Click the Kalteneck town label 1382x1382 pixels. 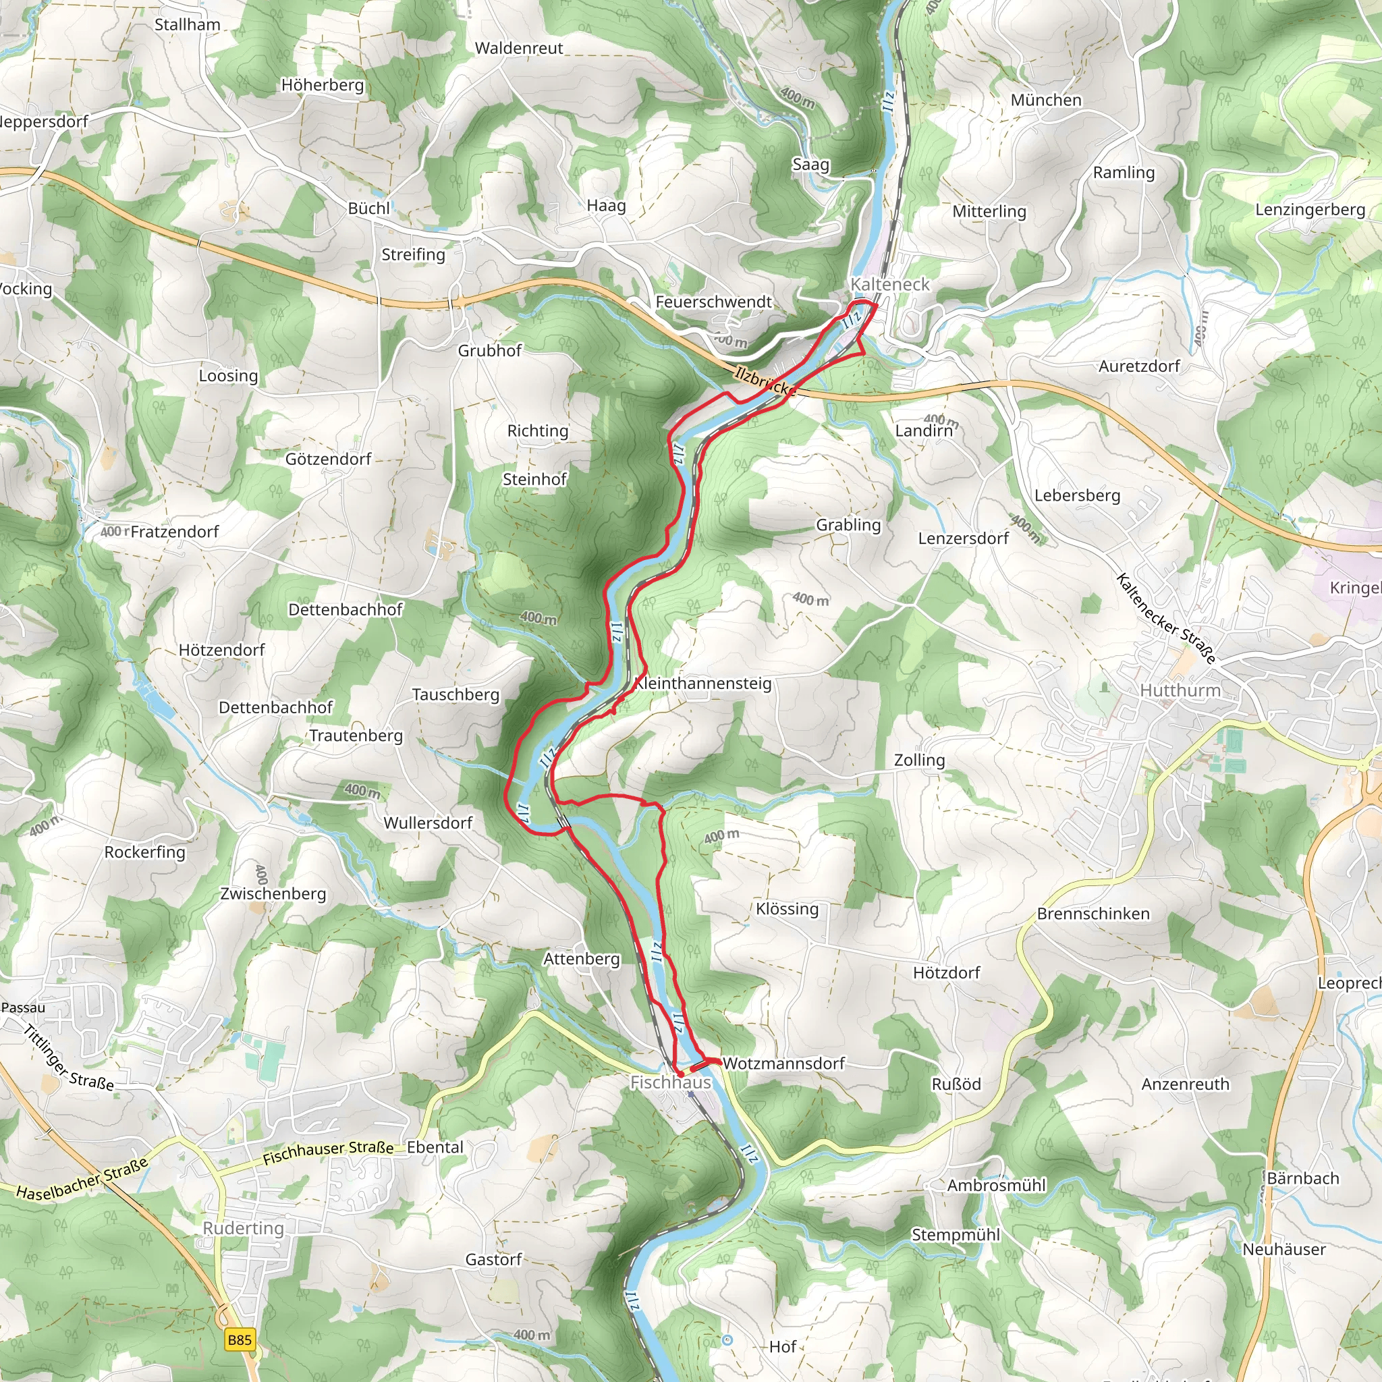point(890,284)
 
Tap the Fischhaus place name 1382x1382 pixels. point(670,1082)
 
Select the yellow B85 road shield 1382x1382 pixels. point(240,1339)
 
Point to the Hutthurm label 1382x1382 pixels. point(1180,690)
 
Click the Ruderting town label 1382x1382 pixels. point(243,1228)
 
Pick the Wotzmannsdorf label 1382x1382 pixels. point(783,1063)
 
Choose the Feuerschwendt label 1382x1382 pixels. point(713,302)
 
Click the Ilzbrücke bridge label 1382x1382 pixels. point(765,381)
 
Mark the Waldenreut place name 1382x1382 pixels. point(519,49)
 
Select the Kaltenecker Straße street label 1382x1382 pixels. point(1165,619)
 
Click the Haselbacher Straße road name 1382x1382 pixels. point(82,1180)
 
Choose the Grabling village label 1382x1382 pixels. point(848,525)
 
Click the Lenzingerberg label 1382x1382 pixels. point(1310,210)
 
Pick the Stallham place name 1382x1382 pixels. point(188,24)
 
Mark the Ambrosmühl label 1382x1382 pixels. point(996,1185)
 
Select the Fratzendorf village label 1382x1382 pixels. point(175,532)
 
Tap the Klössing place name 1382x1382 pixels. point(787,908)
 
